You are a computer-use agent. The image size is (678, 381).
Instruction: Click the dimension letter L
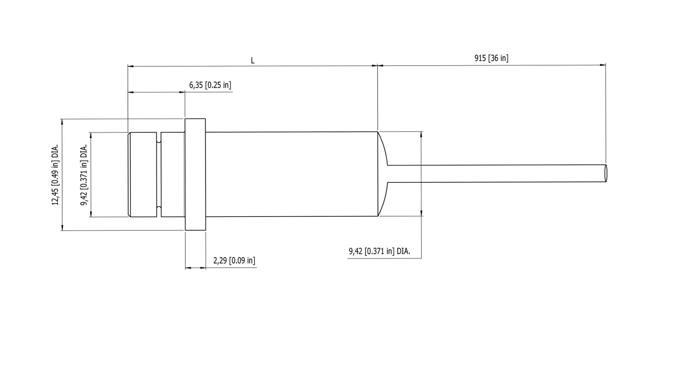pyautogui.click(x=252, y=61)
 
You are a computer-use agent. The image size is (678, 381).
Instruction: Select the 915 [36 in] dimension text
pyautogui.click(x=491, y=58)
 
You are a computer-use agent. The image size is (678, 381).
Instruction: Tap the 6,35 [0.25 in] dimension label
pyautogui.click(x=210, y=85)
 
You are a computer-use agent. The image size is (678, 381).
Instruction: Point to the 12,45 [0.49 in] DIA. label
pyautogui.click(x=55, y=175)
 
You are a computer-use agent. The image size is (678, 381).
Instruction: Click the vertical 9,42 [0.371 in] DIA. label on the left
pyautogui.click(x=84, y=175)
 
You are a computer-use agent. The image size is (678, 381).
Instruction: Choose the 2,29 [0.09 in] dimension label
pyautogui.click(x=234, y=261)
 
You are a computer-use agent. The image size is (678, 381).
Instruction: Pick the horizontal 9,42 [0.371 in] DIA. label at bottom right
pyautogui.click(x=379, y=251)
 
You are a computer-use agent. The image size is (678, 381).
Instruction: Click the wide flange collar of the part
pyautogui.click(x=195, y=175)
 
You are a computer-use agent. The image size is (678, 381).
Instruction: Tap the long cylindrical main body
pyautogui.click(x=292, y=174)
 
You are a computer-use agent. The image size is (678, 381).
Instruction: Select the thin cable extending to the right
pyautogui.click(x=496, y=174)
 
